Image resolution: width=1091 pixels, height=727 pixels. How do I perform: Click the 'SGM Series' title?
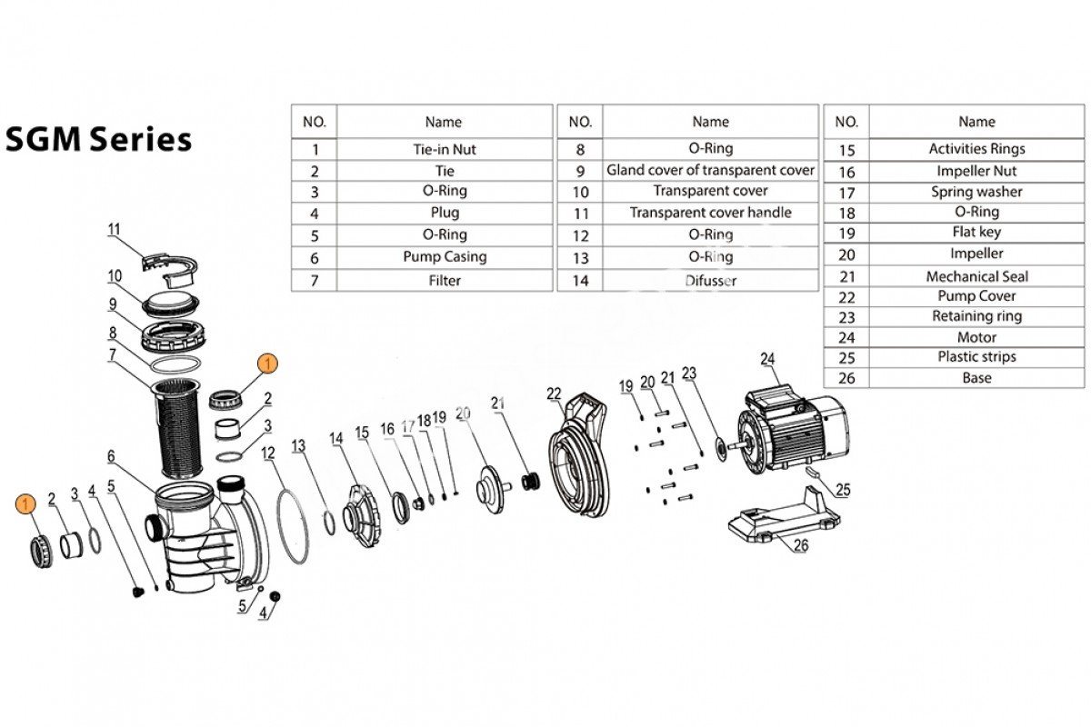tap(98, 139)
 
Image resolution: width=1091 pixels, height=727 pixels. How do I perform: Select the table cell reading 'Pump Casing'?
tap(444, 257)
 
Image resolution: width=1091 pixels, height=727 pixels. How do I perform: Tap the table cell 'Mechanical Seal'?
tap(976, 276)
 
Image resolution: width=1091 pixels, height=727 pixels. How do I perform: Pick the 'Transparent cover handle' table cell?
tap(710, 213)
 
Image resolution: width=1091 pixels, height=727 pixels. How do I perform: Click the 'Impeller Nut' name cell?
tap(976, 171)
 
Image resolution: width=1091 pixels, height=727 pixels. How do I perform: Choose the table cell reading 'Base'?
tap(976, 378)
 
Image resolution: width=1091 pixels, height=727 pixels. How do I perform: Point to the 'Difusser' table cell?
tap(710, 281)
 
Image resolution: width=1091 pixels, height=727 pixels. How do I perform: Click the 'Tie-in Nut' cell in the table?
tap(444, 149)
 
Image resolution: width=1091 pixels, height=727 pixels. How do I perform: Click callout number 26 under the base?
tap(800, 546)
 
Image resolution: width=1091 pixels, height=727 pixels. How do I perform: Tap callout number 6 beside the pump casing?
tap(111, 455)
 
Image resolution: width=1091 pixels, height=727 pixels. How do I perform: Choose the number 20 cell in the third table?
tap(846, 254)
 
